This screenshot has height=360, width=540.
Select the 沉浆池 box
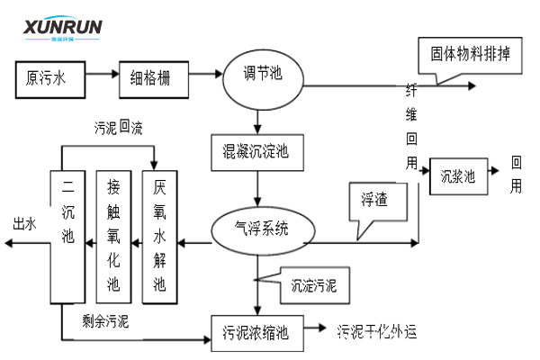click(x=458, y=176)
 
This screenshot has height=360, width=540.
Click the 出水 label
click(x=23, y=223)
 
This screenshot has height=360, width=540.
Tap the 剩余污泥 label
click(x=105, y=320)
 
